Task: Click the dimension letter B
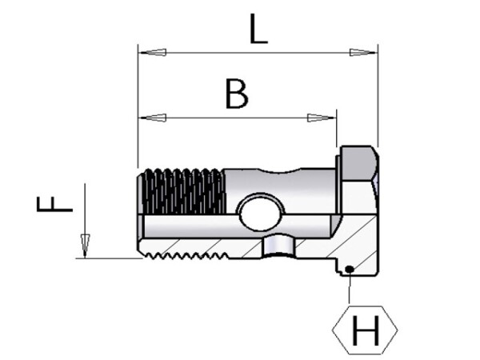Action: (237, 94)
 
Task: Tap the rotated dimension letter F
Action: (54, 206)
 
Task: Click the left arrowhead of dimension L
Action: (153, 54)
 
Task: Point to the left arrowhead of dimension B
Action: (153, 118)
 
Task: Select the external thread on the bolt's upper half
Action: (182, 192)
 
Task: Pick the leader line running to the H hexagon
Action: (350, 288)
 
